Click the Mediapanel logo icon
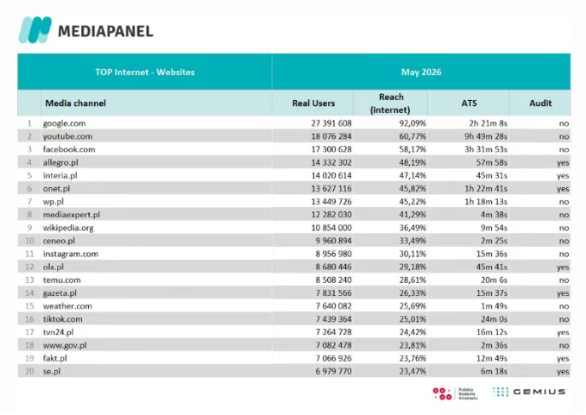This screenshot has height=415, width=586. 35,29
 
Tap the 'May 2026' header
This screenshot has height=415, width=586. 421,72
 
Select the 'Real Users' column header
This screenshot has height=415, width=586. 313,104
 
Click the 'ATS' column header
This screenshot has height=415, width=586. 469,104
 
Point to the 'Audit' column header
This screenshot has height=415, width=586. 540,104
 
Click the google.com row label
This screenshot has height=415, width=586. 64,123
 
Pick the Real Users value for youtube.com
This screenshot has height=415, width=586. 331,136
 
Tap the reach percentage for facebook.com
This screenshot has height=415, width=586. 413,149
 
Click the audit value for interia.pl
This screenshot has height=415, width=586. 563,176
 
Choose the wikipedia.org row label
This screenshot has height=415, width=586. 68,228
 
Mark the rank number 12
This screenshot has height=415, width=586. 29,267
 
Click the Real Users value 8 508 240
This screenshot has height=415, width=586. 333,280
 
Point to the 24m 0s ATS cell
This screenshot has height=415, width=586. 494,319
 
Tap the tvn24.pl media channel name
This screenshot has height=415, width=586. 59,332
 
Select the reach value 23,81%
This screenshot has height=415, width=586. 413,345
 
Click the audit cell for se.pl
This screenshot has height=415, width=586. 563,372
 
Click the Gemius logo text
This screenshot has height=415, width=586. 539,392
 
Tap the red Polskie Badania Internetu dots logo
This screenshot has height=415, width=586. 442,393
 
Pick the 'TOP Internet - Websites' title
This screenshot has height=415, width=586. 145,72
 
